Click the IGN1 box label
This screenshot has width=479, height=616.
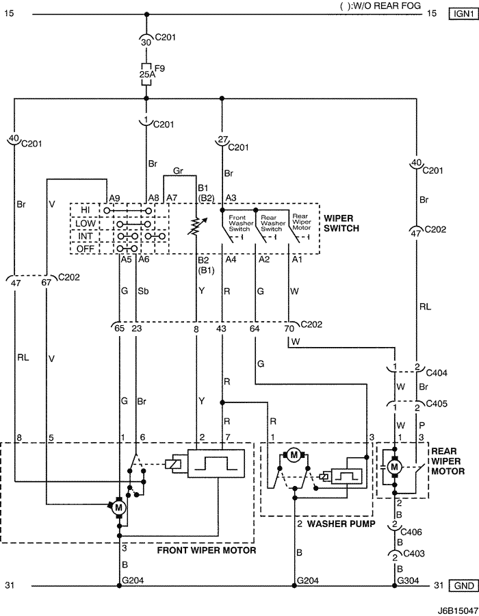coord(464,14)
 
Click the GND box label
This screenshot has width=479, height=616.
coord(464,586)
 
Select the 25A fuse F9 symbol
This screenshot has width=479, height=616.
coord(146,74)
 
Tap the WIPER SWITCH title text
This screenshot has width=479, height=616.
coord(341,223)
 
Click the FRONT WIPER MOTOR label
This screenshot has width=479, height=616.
coord(207,550)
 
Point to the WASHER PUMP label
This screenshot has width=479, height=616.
coord(341,524)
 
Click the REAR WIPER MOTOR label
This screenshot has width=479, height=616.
coord(448,461)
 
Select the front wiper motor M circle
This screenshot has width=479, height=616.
coord(118,508)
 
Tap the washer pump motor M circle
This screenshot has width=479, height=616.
coord(294,455)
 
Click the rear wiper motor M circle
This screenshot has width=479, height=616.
coord(394,467)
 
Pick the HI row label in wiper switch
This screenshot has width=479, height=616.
coord(86,210)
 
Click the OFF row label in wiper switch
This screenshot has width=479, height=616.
coord(86,248)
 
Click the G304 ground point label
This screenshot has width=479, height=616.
coord(409,580)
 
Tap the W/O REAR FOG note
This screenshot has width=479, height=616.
coord(380,5)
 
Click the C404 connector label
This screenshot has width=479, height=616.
coord(437,372)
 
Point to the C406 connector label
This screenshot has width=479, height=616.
coord(411,532)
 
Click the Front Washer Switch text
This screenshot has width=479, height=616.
coord(239,223)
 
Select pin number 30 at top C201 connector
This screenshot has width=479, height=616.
coord(146,42)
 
